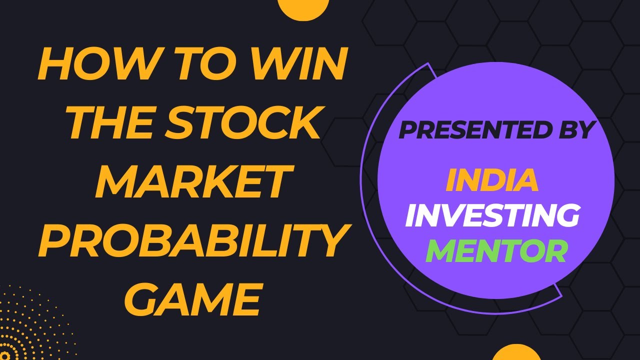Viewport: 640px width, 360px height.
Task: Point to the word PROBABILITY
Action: [191, 237]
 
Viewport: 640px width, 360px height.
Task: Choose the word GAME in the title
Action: [191, 296]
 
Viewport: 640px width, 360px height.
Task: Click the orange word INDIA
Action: [492, 180]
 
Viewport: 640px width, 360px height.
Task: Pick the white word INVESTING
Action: [492, 215]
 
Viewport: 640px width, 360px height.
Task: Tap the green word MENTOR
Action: [496, 251]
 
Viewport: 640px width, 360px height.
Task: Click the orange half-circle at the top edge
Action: [303, 8]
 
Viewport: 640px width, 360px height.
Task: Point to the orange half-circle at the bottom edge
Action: [517, 353]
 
